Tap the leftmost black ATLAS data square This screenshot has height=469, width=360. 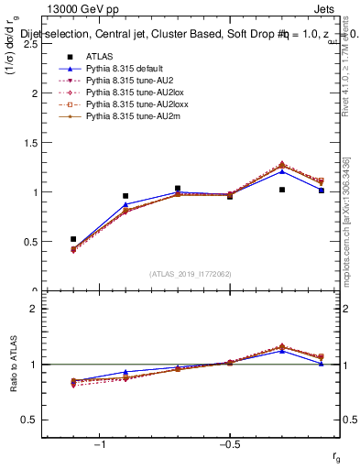(73, 239)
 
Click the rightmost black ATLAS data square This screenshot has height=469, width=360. (322, 191)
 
